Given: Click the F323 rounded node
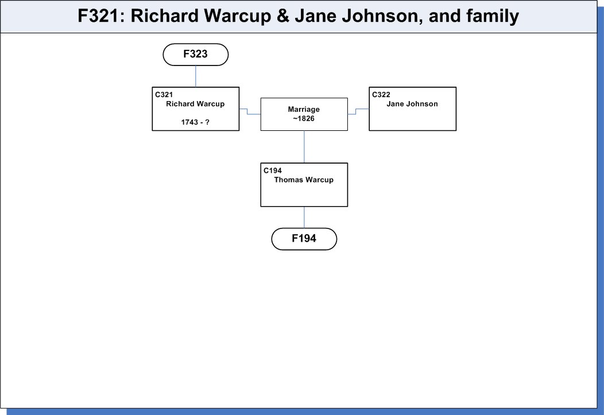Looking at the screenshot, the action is (x=196, y=55).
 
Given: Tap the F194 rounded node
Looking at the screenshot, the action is (x=304, y=239).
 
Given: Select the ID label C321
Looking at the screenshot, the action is (x=164, y=95).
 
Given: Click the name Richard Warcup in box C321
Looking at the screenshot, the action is (x=195, y=104).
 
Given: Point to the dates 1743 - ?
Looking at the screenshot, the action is (x=195, y=122).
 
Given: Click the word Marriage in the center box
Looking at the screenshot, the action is (x=304, y=109).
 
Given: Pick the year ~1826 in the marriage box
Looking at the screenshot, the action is (x=304, y=119).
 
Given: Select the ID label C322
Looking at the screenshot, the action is (x=381, y=95).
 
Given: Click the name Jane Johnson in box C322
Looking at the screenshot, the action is (x=412, y=104).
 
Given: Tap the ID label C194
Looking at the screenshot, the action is (x=273, y=170).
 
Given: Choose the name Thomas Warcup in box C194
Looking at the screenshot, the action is (x=304, y=180).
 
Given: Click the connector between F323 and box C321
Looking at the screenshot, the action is (x=196, y=76).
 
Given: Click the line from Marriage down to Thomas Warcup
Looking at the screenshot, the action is (x=304, y=147).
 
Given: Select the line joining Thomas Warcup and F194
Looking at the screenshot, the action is (x=304, y=217).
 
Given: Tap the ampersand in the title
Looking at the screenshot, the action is (x=282, y=15).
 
